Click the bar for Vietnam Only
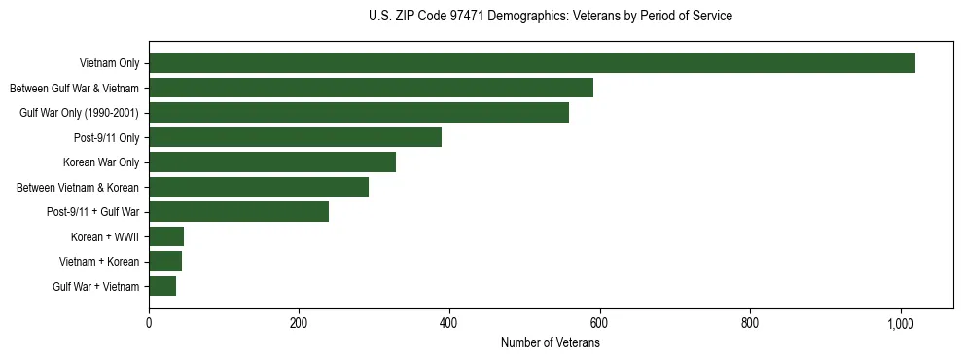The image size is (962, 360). coord(531,63)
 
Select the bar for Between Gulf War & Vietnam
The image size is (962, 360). coord(371,88)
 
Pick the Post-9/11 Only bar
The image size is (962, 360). coord(295,137)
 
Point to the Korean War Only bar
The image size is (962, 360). coord(272,162)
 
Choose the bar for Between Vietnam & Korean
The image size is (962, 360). coord(259,187)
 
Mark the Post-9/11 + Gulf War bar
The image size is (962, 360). coord(238,212)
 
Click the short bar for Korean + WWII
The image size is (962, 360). coord(166,236)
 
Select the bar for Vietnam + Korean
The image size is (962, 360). coord(165,262)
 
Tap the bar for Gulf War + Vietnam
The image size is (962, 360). coord(162,286)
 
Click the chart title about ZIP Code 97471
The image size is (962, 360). coord(551,17)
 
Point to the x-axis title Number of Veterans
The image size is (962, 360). coord(551,343)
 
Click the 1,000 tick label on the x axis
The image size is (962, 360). coord(900,323)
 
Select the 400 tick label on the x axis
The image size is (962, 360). coord(449,323)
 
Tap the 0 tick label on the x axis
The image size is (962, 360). coord(149,323)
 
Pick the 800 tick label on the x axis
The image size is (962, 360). coord(750,323)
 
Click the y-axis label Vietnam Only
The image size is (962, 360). coord(109,64)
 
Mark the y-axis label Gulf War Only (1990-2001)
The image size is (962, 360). coord(80,114)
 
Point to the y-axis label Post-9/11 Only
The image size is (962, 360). coord(107,138)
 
